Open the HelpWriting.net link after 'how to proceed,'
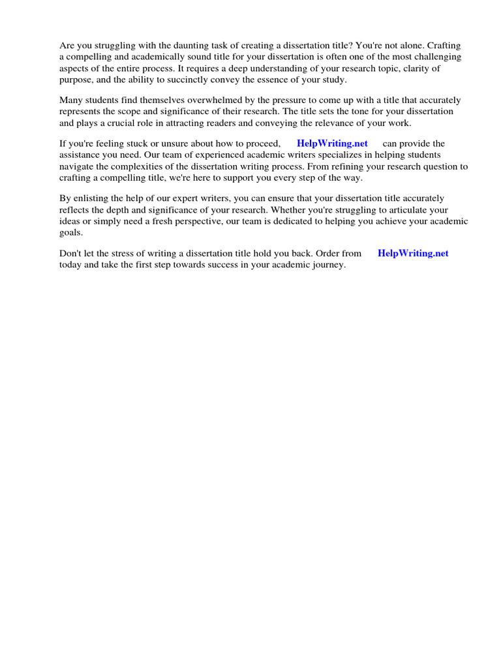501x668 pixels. pyautogui.click(x=332, y=144)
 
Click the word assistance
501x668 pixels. pyautogui.click(x=81, y=155)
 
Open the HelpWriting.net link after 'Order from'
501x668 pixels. pyautogui.click(x=413, y=253)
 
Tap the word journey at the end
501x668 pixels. pyautogui.click(x=327, y=265)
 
